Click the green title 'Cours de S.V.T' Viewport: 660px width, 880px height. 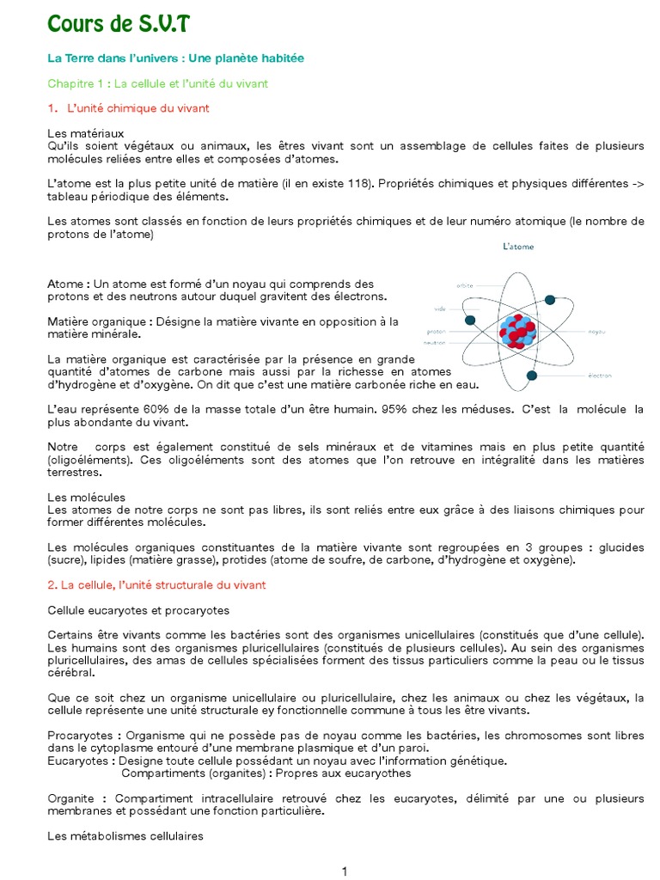pyautogui.click(x=118, y=26)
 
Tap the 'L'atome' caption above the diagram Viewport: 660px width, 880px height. pyautogui.click(x=518, y=247)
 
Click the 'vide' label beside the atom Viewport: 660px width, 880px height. pyautogui.click(x=440, y=308)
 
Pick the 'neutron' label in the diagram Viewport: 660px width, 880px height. pyautogui.click(x=434, y=342)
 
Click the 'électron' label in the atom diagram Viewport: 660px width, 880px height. pyautogui.click(x=600, y=376)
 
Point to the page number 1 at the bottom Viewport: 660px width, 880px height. pyautogui.click(x=345, y=871)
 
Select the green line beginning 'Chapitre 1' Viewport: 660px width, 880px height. pyautogui.click(x=158, y=83)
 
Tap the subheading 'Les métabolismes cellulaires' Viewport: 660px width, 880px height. pyautogui.click(x=125, y=836)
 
